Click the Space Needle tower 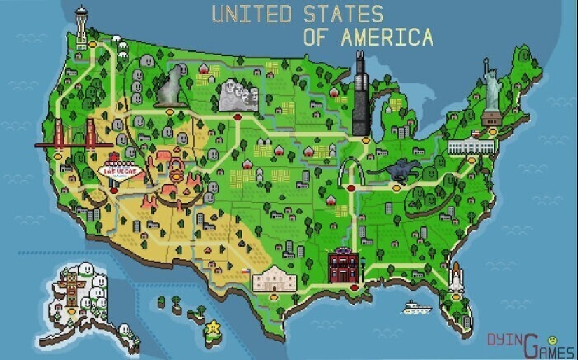click(x=81, y=25)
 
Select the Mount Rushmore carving click(x=238, y=95)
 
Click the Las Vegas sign click(x=120, y=170)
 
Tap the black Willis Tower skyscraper click(x=360, y=94)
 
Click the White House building click(x=470, y=146)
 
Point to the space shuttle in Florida click(x=455, y=278)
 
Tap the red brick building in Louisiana click(x=343, y=266)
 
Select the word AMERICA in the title click(x=386, y=37)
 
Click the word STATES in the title click(x=343, y=14)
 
